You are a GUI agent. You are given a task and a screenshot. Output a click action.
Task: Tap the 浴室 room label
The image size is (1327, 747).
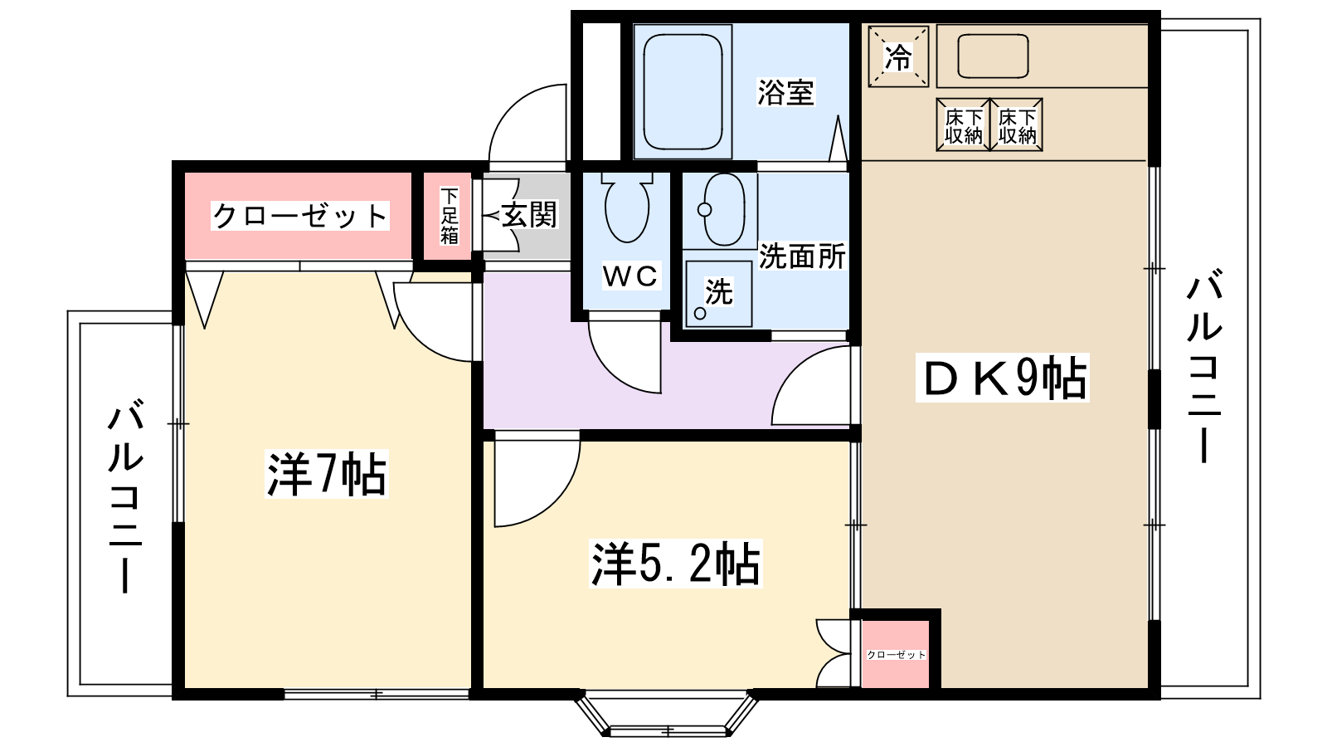click(785, 92)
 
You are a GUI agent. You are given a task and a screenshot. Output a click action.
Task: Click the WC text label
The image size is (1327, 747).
click(629, 276)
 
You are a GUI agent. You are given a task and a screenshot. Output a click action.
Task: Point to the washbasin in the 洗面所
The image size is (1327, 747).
click(723, 209)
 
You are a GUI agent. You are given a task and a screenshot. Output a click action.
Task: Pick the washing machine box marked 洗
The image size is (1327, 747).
click(718, 293)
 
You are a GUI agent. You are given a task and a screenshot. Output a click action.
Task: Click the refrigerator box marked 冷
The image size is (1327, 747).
click(898, 56)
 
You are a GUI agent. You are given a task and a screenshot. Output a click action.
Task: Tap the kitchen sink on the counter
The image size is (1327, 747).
click(993, 56)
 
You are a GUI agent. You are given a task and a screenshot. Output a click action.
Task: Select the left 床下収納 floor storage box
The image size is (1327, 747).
click(963, 125)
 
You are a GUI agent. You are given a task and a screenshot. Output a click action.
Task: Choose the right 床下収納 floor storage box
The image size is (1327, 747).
click(1017, 125)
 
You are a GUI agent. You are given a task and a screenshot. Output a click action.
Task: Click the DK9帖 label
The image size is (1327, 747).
click(1003, 378)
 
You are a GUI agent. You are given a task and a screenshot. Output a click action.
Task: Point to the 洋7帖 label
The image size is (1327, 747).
click(327, 474)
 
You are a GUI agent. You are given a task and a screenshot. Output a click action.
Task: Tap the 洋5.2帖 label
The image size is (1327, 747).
click(675, 564)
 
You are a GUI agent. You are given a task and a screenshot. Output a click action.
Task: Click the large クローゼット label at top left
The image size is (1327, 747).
click(299, 216)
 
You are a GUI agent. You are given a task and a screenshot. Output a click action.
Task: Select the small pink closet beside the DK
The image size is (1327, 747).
click(896, 654)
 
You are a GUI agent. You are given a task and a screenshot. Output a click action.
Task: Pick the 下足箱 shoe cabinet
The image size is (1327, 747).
click(449, 216)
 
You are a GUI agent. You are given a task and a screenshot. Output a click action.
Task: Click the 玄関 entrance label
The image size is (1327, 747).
click(529, 215)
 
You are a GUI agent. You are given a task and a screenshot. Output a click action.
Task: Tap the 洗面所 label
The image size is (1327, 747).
click(801, 256)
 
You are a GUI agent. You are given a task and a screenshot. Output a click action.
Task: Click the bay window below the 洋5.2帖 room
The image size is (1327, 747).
click(667, 715)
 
